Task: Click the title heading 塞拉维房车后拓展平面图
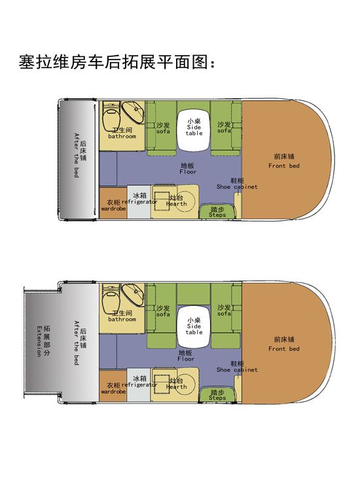pyautogui.click(x=118, y=63)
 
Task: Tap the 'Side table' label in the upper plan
pyautogui.click(x=194, y=127)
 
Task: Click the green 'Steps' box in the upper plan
pyautogui.click(x=217, y=212)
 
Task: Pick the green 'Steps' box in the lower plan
pyautogui.click(x=217, y=395)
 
